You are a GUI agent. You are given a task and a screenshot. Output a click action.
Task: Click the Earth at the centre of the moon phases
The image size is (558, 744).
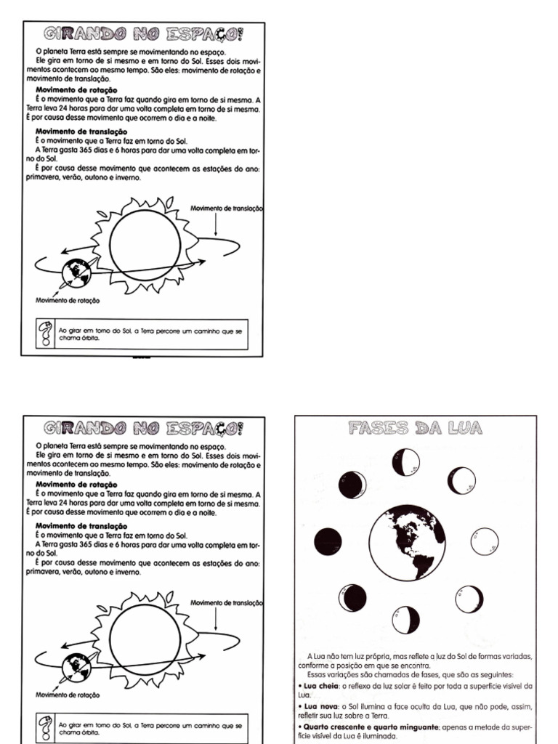click(406, 541)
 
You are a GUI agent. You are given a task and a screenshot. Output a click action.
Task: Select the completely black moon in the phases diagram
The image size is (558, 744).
click(328, 541)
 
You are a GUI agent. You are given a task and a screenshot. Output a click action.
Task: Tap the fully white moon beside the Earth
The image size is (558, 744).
click(485, 541)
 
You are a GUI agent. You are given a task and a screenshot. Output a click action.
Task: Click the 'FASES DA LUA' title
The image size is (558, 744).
click(416, 428)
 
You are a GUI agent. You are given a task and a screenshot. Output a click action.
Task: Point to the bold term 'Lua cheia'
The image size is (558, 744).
click(318, 685)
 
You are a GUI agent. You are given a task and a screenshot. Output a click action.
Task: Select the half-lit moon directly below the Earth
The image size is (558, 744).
click(406, 620)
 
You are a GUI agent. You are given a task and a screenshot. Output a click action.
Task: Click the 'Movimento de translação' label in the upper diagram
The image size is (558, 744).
click(226, 209)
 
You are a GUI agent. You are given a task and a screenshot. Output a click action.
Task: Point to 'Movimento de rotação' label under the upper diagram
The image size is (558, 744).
click(68, 300)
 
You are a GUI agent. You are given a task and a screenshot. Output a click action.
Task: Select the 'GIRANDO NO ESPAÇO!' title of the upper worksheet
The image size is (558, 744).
click(143, 33)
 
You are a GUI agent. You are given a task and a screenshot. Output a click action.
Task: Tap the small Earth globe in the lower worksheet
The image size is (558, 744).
click(75, 667)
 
